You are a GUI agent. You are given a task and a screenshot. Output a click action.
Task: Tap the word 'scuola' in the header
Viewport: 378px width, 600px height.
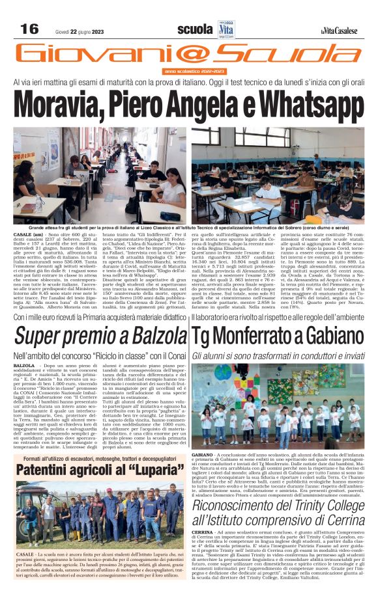[195, 30]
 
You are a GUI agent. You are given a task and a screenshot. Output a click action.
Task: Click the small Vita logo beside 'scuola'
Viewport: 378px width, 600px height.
[226, 29]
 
